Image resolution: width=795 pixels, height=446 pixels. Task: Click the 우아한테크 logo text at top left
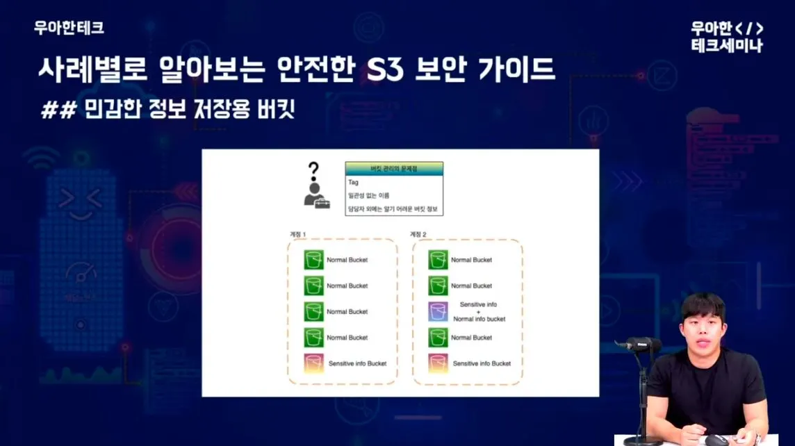pyautogui.click(x=69, y=28)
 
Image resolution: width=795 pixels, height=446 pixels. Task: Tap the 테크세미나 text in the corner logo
pyautogui.click(x=727, y=46)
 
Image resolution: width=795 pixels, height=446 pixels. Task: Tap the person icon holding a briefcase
pyautogui.click(x=316, y=195)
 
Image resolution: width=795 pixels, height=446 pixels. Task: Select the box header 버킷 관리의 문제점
pyautogui.click(x=394, y=168)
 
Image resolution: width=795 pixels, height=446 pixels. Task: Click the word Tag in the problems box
pyautogui.click(x=353, y=182)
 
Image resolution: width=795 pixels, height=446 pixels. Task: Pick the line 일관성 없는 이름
pyautogui.click(x=369, y=195)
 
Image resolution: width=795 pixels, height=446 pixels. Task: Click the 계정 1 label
pyautogui.click(x=298, y=233)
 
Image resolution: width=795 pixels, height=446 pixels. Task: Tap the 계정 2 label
pyautogui.click(x=419, y=233)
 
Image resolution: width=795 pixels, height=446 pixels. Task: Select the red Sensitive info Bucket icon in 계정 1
pyautogui.click(x=314, y=363)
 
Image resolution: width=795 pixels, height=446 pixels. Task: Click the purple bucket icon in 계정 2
pyautogui.click(x=438, y=312)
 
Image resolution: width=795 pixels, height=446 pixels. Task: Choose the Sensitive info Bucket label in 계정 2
pyautogui.click(x=482, y=363)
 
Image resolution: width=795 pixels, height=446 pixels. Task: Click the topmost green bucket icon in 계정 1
pyautogui.click(x=314, y=260)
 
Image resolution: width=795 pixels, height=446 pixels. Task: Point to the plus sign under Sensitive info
pyautogui.click(x=478, y=312)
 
